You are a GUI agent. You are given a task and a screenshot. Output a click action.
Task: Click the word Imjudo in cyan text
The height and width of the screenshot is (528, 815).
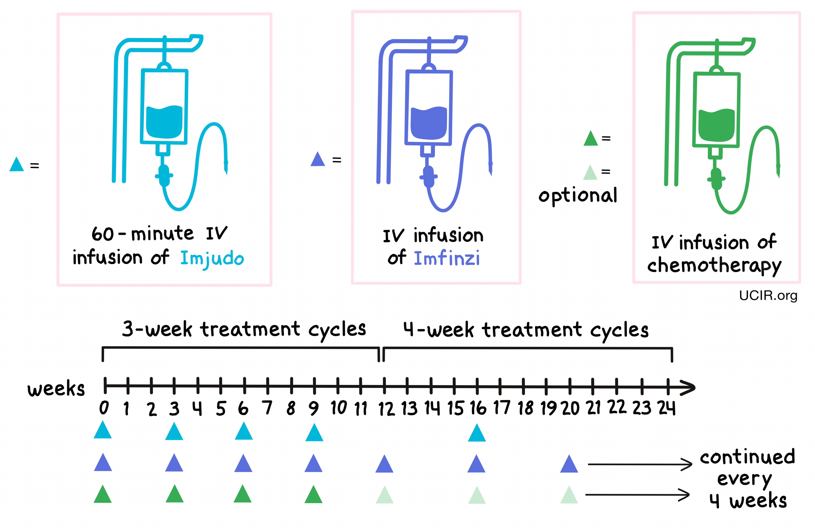coord(212,258)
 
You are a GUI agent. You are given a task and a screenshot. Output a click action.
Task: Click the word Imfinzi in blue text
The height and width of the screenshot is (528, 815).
coord(447,258)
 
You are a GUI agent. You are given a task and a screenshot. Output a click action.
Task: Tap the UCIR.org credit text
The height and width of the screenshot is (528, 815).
coord(768,295)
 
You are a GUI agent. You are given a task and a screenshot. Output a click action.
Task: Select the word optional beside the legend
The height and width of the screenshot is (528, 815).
coord(578,195)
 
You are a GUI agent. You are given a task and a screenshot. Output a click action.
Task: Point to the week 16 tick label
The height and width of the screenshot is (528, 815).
coord(478,408)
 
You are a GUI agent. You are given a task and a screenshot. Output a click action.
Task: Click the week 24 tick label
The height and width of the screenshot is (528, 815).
coord(666,408)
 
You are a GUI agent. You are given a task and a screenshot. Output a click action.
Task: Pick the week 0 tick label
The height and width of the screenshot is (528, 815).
coord(104,408)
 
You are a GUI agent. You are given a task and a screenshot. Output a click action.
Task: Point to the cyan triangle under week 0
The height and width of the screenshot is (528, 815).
coord(103,431)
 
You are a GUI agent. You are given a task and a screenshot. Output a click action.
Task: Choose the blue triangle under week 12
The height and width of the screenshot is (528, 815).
coord(384,465)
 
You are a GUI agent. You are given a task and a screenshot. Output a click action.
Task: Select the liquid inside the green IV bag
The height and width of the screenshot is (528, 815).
coord(716,126)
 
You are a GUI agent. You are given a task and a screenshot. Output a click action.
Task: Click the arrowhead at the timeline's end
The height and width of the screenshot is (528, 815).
coord(688,388)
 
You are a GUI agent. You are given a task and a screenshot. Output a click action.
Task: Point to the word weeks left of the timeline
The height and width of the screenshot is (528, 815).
coord(56,389)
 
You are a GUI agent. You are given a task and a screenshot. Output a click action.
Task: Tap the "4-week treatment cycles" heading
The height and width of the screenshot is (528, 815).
coord(526,330)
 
